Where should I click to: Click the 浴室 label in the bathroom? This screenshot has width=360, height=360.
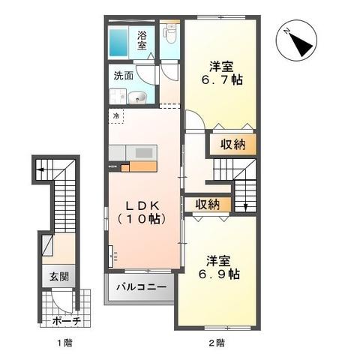coord(142,39)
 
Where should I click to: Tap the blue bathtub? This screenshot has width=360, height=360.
coord(119,42)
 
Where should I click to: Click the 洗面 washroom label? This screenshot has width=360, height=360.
coord(124,76)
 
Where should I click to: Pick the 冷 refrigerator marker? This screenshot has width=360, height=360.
coord(116,116)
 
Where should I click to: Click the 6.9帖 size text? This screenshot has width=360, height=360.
coord(223,274)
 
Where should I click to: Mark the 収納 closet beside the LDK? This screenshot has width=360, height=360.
coord(208,204)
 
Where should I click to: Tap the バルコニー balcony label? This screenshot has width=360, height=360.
coord(139,286)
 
